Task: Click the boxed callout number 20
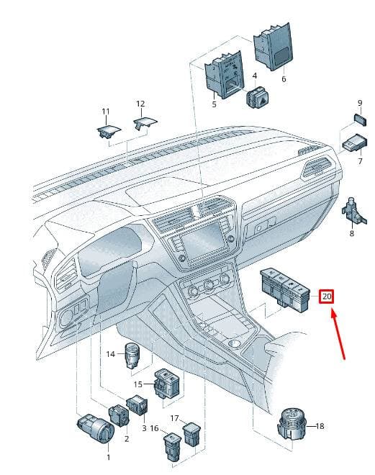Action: point(327,296)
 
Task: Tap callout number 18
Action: point(320,426)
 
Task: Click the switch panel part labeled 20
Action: point(285,289)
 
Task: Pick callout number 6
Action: point(284,79)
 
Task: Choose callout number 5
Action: point(214,104)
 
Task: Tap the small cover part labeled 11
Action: point(109,131)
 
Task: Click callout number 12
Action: point(140,104)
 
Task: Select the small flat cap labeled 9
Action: point(360,119)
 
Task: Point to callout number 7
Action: point(360,161)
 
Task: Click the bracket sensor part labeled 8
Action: point(354,212)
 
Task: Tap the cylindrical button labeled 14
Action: point(133,355)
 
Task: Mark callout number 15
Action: point(138,384)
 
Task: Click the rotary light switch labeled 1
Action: point(95,427)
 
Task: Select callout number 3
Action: point(144,428)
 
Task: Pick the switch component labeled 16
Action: point(172,445)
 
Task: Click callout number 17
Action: point(174,418)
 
